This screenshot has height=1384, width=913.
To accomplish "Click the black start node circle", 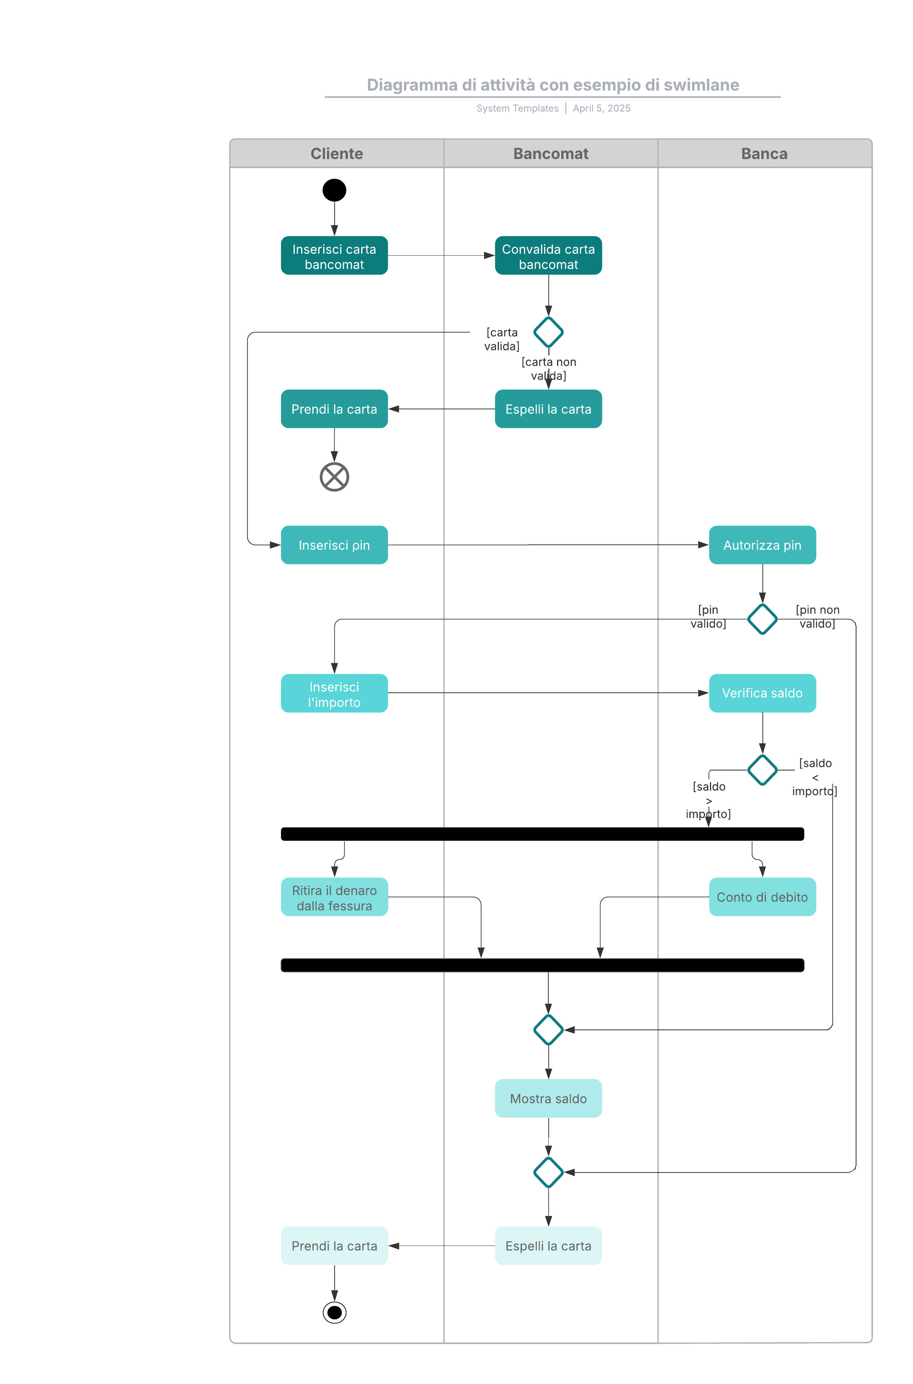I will [334, 190].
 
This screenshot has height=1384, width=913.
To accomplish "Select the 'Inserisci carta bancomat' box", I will [334, 256].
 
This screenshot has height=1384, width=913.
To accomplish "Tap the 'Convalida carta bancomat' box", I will [548, 256].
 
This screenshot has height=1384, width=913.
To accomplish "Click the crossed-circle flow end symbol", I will [334, 477].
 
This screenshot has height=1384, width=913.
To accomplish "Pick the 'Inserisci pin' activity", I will [334, 545].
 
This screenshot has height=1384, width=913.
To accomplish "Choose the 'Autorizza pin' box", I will [762, 545].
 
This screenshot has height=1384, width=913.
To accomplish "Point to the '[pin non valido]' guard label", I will [818, 617].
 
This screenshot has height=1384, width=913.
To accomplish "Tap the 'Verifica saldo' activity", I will [762, 693].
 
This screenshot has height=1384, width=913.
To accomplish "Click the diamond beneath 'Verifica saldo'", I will [762, 770].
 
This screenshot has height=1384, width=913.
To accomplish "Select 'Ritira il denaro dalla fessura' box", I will [334, 897].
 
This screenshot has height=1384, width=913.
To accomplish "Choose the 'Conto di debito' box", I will [762, 897].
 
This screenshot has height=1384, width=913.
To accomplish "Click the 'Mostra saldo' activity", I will [548, 1099].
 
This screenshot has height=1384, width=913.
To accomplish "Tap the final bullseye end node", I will [334, 1312].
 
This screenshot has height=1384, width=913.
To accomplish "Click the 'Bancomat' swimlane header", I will [551, 154].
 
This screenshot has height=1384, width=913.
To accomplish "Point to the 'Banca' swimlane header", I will [765, 154].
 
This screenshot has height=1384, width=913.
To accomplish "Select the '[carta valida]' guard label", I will [502, 339].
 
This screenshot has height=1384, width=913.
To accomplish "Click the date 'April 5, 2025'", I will [602, 108].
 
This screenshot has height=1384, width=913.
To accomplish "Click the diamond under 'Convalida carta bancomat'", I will [548, 332].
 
